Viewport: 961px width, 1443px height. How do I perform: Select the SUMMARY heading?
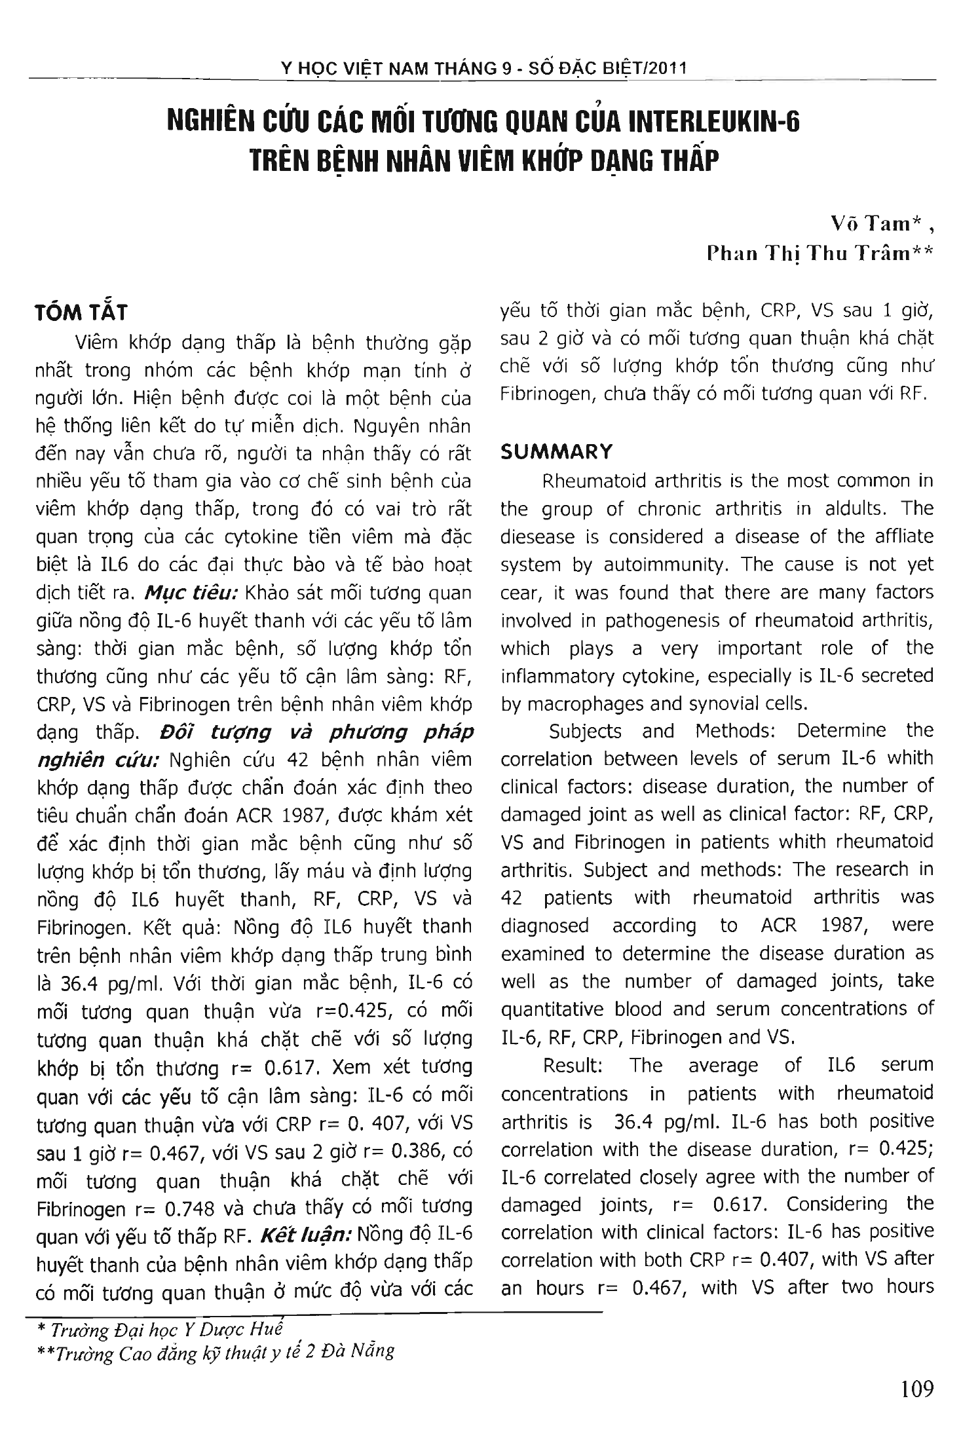[556, 451]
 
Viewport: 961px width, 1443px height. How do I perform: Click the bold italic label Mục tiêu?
[191, 593]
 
